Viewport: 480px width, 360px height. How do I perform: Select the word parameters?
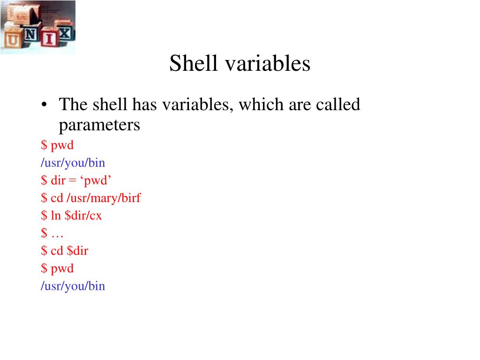click(99, 125)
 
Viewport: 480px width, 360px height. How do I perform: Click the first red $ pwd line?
click(57, 146)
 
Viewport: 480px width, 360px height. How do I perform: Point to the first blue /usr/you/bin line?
click(73, 163)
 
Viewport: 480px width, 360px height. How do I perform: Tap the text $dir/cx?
click(83, 216)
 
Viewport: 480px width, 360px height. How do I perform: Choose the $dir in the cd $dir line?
click(77, 251)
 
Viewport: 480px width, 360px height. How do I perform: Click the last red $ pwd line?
click(57, 269)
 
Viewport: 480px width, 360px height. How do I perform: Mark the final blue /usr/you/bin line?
click(73, 286)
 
